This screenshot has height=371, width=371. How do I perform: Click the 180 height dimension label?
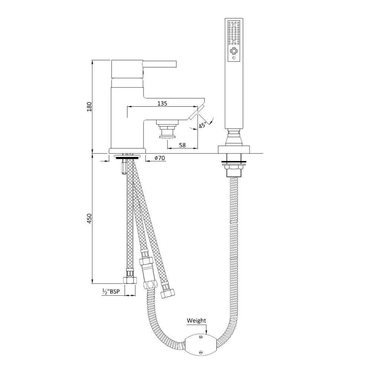pos(89,107)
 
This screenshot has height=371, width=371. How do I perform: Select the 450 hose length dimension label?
pos(89,219)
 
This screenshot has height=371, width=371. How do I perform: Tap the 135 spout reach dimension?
pos(162,104)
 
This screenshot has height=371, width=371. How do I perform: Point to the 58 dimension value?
pos(183,145)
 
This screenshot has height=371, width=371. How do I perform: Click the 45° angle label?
pos(203,125)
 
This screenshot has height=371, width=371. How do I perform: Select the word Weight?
pos(196,321)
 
